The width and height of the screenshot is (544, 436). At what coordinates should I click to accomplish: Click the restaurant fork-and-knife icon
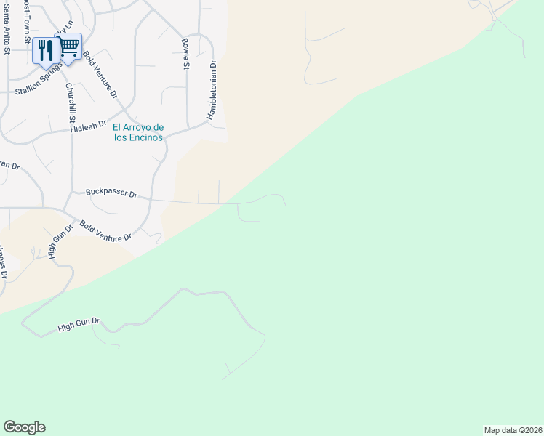tap(47, 49)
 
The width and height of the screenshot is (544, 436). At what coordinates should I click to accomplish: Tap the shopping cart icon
tap(69, 48)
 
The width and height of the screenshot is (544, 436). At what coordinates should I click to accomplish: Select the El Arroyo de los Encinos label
tap(138, 133)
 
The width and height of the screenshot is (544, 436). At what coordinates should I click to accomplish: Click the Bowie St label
tap(185, 54)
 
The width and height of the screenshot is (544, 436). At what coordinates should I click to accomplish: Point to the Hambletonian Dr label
tap(213, 90)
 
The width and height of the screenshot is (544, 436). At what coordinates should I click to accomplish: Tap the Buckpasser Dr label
tap(111, 194)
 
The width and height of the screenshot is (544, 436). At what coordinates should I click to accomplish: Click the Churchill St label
tap(71, 102)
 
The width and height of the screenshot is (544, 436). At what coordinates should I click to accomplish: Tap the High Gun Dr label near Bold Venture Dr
tap(61, 241)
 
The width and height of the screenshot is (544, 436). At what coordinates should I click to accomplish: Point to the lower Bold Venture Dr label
tap(105, 232)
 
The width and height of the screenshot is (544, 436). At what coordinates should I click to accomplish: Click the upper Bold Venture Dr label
tap(100, 74)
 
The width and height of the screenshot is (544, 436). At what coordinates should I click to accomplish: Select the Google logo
tap(24, 427)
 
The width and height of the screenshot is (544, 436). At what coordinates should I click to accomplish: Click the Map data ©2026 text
tap(513, 430)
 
